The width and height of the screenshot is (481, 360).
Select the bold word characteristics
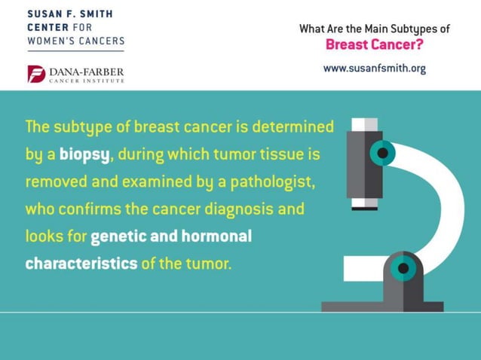point(81,264)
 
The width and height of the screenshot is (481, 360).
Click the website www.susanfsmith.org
point(374,68)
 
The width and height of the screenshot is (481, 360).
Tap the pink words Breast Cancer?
point(374,44)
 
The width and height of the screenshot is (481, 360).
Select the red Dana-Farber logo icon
point(35,74)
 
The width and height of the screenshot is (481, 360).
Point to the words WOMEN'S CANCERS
point(75,40)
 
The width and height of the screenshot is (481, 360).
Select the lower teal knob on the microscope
point(404,267)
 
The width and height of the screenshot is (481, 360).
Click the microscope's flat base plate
point(382,307)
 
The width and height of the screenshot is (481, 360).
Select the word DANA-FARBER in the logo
point(87,71)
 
